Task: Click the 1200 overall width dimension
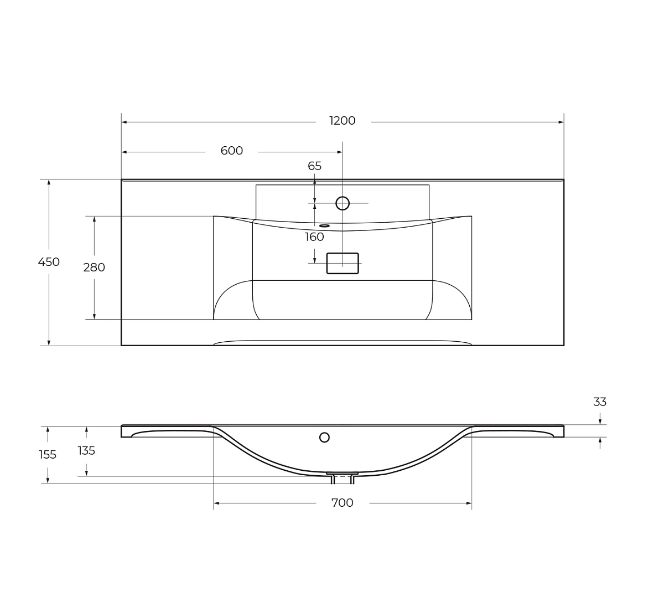342,121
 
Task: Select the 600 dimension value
231,151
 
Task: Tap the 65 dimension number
314,166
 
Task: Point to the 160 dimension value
314,237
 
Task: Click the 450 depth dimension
49,262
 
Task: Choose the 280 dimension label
94,268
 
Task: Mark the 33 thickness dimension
600,402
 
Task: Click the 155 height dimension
48,455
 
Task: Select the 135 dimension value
86,450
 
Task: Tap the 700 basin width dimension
342,503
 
